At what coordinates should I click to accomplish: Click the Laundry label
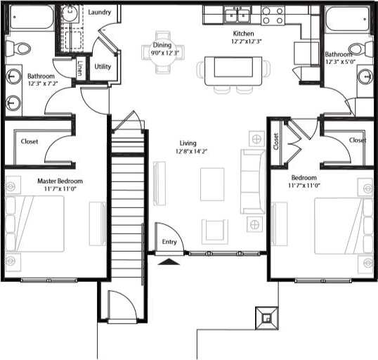point(100,12)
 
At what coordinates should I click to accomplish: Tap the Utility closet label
point(103,67)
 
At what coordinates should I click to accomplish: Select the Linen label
point(81,69)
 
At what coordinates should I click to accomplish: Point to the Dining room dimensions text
point(167,53)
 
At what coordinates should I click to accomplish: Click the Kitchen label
point(244,33)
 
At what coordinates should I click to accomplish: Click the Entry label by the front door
point(169,241)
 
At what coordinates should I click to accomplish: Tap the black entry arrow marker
point(168,261)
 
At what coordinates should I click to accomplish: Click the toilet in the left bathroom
point(19,48)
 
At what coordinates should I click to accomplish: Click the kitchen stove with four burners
point(272,15)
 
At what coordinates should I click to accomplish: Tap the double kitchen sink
point(237,15)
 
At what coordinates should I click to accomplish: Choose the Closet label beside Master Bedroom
point(30,141)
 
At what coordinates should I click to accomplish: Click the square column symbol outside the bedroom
point(267,317)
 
